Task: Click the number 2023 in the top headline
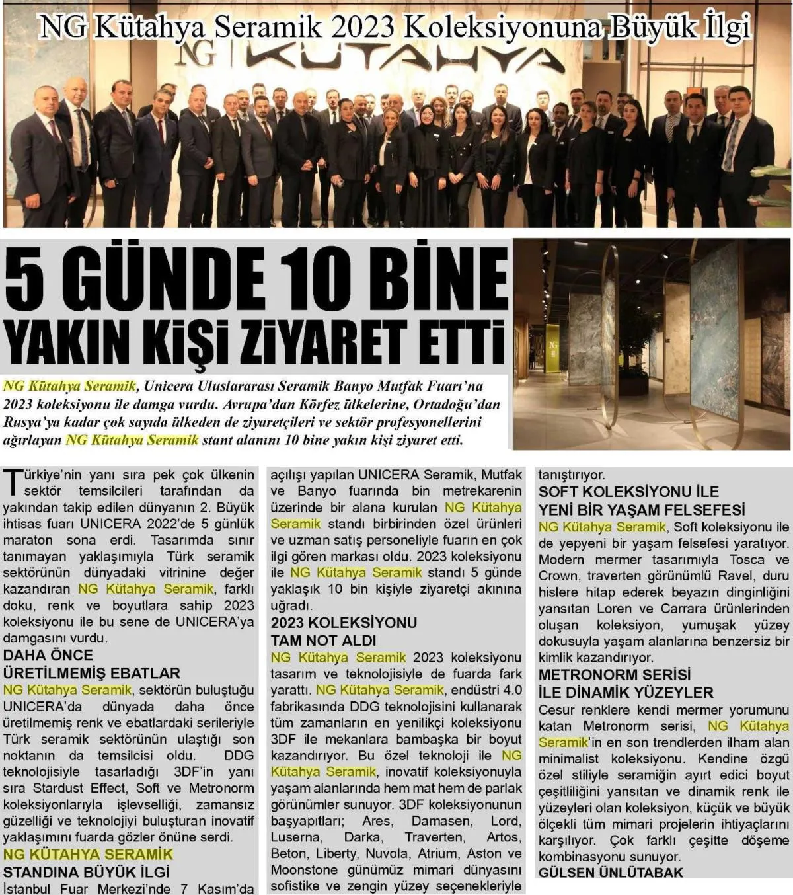click(363, 27)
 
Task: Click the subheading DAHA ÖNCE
click(48, 655)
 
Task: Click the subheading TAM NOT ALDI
click(323, 640)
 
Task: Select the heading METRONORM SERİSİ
click(615, 675)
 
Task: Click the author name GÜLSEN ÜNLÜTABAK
click(611, 873)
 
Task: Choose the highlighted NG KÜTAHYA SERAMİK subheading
click(88, 854)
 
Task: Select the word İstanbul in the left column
click(30, 888)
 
